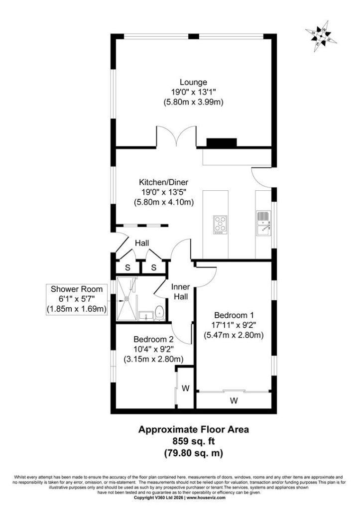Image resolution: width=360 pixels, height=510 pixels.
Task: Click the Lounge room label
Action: tap(194, 82)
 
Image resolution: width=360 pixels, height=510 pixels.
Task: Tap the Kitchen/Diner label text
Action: tap(164, 182)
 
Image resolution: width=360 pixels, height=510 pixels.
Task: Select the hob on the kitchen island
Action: tap(220, 225)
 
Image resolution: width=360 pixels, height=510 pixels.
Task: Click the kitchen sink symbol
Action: tap(263, 223)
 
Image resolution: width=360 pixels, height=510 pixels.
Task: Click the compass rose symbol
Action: tap(321, 36)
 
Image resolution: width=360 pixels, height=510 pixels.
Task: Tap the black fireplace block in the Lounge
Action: tap(222, 142)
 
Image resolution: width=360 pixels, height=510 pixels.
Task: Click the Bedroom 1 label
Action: tap(234, 315)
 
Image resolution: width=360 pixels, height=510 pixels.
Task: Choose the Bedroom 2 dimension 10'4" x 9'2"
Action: tap(153, 349)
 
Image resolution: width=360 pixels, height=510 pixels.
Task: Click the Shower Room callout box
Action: tap(77, 299)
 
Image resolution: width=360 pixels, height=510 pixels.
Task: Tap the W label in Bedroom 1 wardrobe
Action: tap(234, 401)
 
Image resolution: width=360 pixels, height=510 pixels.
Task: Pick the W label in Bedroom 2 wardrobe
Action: tap(185, 388)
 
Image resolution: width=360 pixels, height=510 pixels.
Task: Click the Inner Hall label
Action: tap(181, 292)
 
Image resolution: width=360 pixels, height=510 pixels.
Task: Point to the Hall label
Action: tap(142, 243)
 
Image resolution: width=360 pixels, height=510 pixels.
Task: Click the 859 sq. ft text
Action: tap(194, 441)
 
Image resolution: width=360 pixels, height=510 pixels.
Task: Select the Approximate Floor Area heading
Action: tap(194, 429)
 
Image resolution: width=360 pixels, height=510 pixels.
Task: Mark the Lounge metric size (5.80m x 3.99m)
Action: tap(194, 102)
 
